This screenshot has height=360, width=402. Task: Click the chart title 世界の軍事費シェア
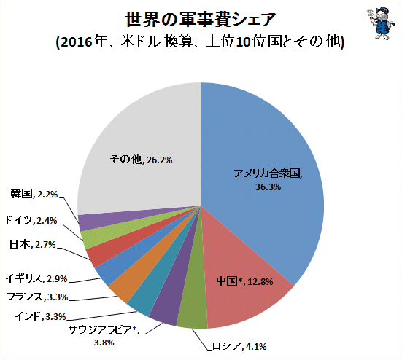coord(201,20)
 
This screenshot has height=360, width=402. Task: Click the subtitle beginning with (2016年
coord(200,42)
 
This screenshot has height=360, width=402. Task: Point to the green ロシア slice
coord(193,302)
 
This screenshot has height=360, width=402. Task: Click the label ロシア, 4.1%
coord(239,346)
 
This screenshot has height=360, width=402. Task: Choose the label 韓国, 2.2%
coord(34,195)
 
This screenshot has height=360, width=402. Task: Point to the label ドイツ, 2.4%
coord(31,220)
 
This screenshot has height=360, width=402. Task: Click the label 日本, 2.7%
coord(33,245)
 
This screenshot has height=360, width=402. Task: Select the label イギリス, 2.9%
coord(36,278)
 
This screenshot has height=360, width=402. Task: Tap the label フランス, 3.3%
coord(36,297)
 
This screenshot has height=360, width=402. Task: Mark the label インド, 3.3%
coord(41,317)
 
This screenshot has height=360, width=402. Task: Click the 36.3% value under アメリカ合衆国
coord(268,187)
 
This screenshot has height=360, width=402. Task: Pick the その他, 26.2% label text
coord(141,160)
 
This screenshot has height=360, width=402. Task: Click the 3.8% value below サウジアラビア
coord(104,343)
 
